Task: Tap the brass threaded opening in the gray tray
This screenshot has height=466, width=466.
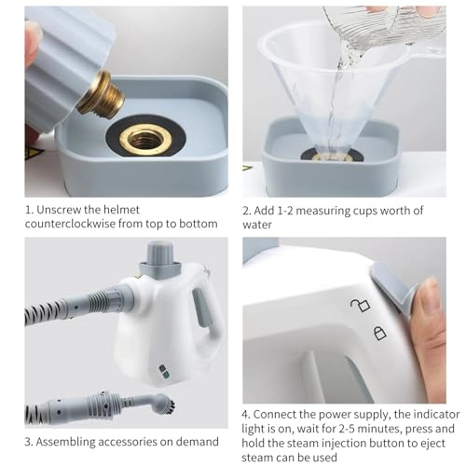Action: pos(147,140)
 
